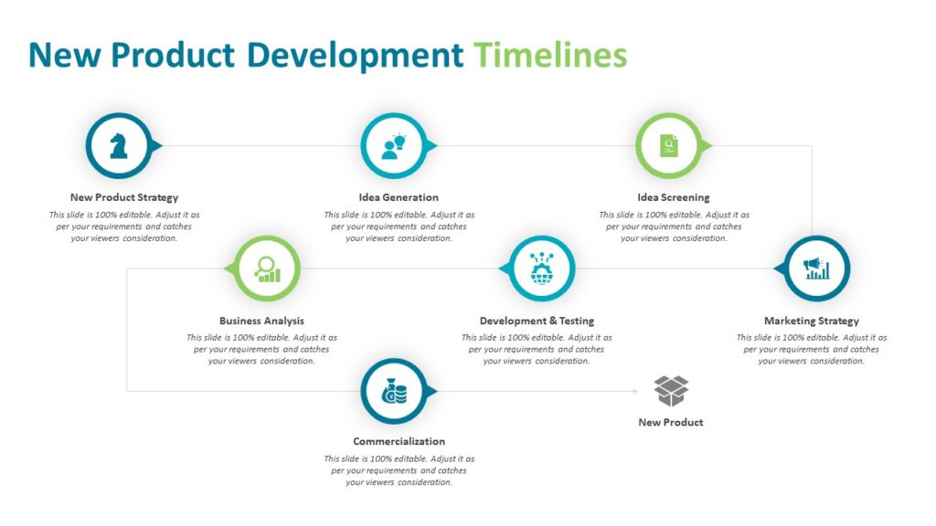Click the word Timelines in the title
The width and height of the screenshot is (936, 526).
[550, 55]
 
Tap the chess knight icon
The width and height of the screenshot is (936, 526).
[119, 145]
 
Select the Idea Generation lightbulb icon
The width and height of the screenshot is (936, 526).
[394, 145]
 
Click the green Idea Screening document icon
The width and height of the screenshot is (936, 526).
[669, 145]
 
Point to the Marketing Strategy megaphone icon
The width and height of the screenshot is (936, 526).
[816, 268]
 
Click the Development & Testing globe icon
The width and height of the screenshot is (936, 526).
[540, 268]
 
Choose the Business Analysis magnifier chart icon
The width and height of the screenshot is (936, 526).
[267, 268]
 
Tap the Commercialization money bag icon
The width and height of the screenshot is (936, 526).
[394, 392]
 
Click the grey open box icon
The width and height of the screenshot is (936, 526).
[671, 391]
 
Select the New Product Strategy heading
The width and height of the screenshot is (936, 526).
[124, 197]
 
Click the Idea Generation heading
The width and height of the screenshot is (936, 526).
[399, 197]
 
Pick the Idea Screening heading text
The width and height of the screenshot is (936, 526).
[674, 197]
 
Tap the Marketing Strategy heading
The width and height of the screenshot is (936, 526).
[812, 321]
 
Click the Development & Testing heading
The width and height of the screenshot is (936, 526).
[537, 321]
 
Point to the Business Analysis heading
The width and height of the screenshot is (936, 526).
[261, 321]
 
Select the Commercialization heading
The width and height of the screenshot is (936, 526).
[399, 441]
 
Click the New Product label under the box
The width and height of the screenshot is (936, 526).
[671, 422]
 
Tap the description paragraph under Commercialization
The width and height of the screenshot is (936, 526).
[399, 470]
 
